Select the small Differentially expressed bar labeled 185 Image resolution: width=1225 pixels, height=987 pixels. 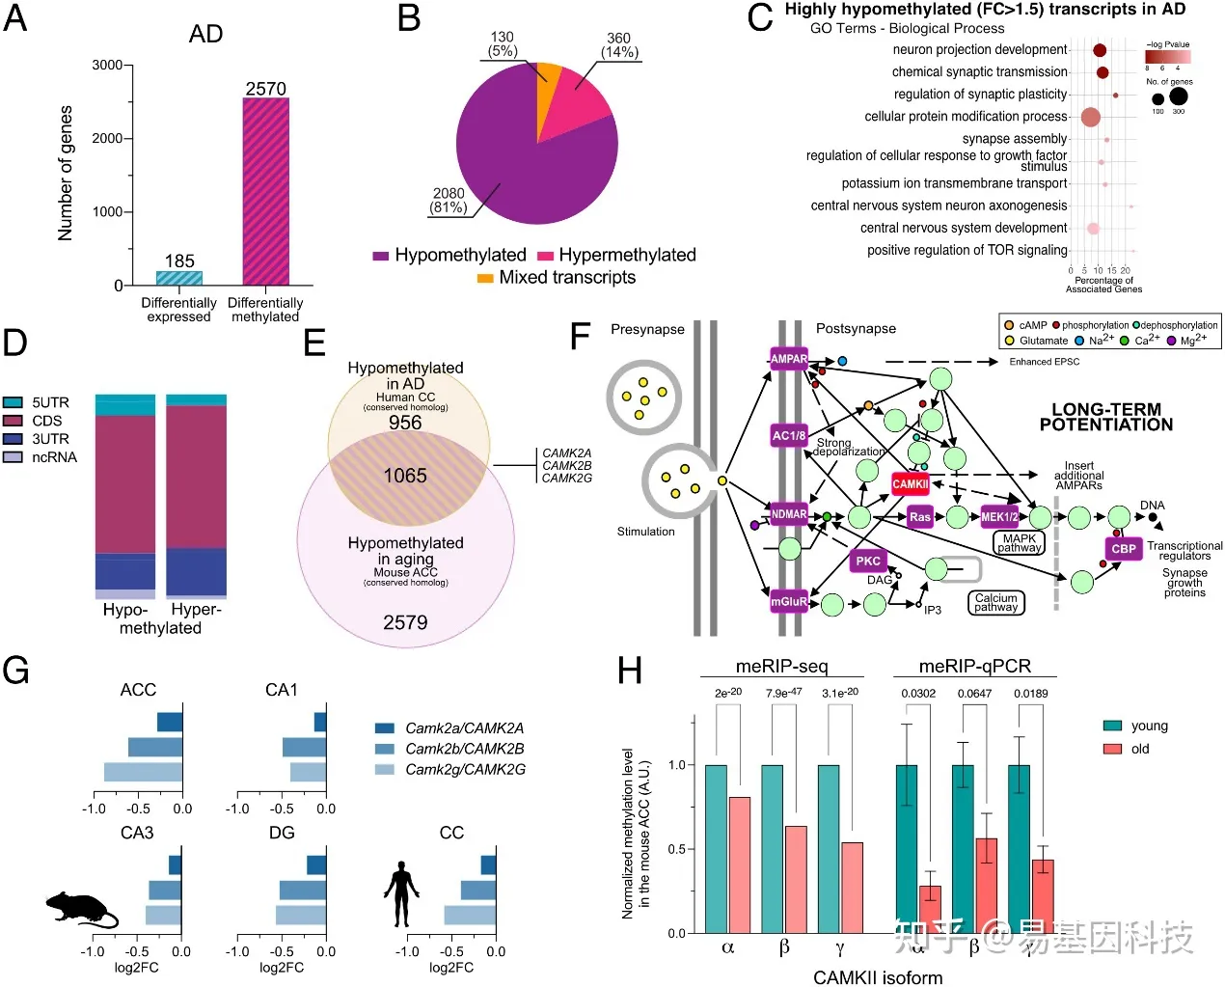tap(179, 278)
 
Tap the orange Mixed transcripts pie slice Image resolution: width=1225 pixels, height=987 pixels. tap(547, 73)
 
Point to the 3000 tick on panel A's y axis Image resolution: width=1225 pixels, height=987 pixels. tap(108, 66)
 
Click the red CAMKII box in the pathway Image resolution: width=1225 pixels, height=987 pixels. tap(910, 484)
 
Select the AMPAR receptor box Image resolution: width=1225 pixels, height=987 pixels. tap(788, 359)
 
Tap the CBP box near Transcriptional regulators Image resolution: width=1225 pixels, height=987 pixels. tap(1124, 549)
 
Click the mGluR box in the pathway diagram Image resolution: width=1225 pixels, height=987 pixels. tap(788, 602)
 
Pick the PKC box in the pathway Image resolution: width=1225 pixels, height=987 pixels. tap(868, 561)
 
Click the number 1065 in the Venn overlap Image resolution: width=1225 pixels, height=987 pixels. tap(405, 475)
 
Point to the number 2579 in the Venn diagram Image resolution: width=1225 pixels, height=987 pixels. tap(405, 622)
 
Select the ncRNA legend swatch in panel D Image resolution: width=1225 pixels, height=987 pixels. tap(13, 457)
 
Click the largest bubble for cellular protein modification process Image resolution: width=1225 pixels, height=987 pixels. tap(1091, 118)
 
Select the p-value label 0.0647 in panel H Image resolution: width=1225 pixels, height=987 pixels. tap(974, 694)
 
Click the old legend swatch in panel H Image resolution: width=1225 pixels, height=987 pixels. tap(1112, 749)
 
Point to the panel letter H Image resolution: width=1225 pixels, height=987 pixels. tap(630, 671)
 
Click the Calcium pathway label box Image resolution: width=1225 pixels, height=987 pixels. tap(995, 603)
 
